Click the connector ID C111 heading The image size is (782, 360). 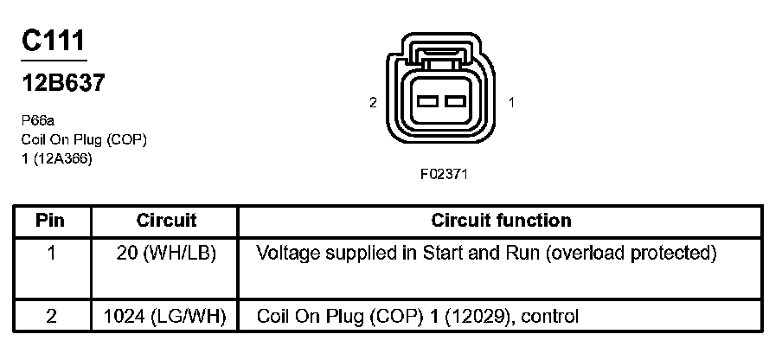coord(54,42)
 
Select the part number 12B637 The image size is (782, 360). coord(62,84)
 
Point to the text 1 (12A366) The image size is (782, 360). coord(57,158)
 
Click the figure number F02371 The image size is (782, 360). coord(444,173)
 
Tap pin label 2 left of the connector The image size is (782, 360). coord(373,102)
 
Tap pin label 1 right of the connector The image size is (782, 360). coord(512,102)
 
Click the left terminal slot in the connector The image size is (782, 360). coord(428,101)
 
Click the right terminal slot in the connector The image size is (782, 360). coord(455,101)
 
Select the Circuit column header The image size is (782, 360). coord(167,221)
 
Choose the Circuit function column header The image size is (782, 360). coord(501,221)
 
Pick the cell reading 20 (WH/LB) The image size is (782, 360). coord(167,254)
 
